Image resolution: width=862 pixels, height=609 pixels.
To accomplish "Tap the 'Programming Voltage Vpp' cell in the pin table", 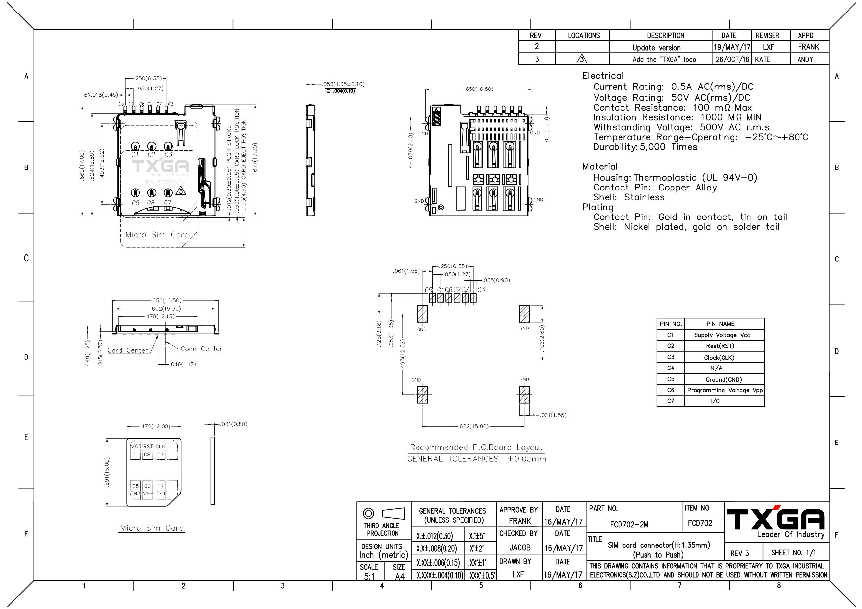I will [x=724, y=390].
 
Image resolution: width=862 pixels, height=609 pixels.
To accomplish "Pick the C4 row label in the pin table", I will [x=671, y=368].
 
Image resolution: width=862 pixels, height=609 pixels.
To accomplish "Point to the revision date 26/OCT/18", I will [x=732, y=59].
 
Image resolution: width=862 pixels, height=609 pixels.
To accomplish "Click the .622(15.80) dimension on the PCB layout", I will [x=473, y=426].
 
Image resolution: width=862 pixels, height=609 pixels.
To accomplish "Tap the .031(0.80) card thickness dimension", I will [x=234, y=424].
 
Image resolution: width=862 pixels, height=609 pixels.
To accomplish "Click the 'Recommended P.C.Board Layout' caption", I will [x=476, y=447].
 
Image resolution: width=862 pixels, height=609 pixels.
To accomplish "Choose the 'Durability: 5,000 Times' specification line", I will [x=645, y=147].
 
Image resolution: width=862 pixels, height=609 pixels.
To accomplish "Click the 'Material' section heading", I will [x=599, y=167].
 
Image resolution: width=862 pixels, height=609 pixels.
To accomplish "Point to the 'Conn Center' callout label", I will [x=201, y=349].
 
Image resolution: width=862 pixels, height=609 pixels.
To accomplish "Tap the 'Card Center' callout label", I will [x=128, y=350].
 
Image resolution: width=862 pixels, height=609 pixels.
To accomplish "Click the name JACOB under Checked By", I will [x=520, y=548].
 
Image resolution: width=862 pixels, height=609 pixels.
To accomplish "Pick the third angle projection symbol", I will [x=383, y=513].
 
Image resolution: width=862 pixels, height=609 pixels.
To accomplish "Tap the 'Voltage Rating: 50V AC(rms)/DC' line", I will [x=672, y=98].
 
